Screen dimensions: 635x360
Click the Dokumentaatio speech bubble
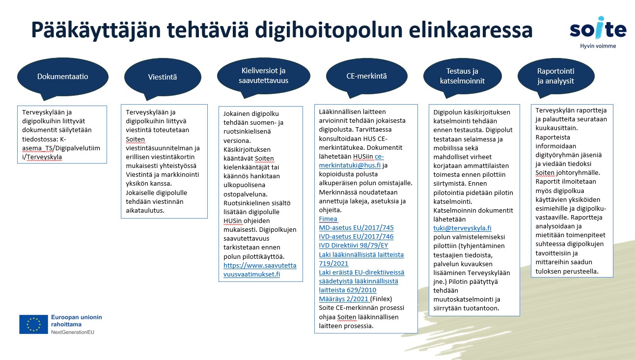(x=63, y=77)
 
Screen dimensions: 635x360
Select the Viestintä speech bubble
(x=163, y=77)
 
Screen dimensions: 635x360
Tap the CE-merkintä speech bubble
(x=366, y=76)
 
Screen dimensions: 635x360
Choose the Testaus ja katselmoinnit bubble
(x=462, y=76)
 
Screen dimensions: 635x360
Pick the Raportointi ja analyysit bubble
(x=556, y=76)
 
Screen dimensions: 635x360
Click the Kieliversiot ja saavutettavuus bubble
(x=264, y=76)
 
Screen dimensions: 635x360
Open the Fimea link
(x=328, y=219)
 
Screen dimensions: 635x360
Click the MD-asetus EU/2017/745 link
(x=357, y=227)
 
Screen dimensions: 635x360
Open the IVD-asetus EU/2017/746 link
(x=357, y=236)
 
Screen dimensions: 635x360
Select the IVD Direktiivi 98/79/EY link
(x=354, y=245)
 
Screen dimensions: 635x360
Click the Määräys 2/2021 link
(x=344, y=299)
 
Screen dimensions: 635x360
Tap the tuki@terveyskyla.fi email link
(x=462, y=228)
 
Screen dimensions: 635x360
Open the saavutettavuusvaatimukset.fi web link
(x=260, y=270)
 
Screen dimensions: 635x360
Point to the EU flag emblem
(x=33, y=324)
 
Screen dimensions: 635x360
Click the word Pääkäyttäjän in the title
(x=96, y=30)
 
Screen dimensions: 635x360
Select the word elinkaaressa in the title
(x=470, y=29)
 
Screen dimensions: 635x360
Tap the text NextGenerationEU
(x=73, y=332)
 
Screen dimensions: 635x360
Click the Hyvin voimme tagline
(x=598, y=46)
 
